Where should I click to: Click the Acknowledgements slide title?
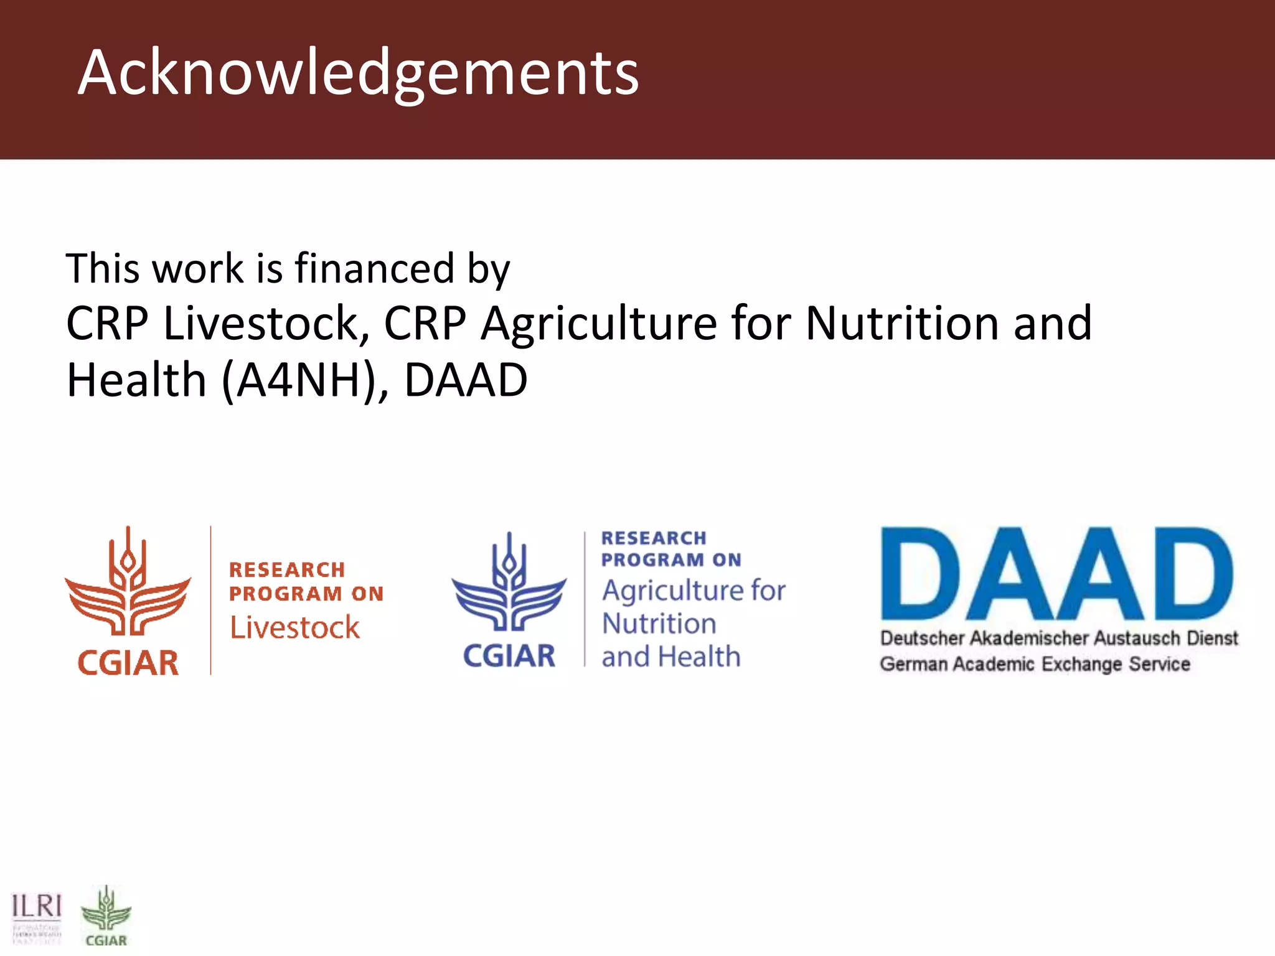coord(358,73)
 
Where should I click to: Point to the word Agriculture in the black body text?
coord(598,324)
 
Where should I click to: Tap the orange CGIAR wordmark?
coord(128,663)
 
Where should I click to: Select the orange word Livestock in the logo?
coord(294,627)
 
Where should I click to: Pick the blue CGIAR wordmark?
coord(509,656)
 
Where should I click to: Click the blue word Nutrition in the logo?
coord(659,624)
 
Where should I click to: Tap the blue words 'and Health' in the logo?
coord(670,657)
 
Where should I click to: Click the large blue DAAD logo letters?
coord(1056,574)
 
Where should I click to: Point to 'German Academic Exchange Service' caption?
coord(1034,664)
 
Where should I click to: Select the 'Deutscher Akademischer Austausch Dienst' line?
coord(1058,638)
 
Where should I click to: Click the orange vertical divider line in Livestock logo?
coord(210,600)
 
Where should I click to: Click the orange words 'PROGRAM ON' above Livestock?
coord(306,594)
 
